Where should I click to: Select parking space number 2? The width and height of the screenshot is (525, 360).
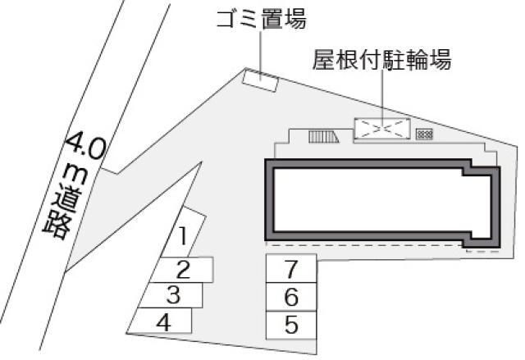coord(184,268)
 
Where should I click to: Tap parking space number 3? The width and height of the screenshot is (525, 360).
coord(173,294)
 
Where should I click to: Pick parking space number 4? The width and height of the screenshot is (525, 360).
coord(164,321)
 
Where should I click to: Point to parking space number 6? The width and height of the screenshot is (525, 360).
coord(291,297)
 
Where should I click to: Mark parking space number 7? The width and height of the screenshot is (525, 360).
coord(291,268)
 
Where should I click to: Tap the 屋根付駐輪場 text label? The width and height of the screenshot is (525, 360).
coord(381,61)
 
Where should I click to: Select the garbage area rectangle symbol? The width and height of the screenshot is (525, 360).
coord(260,80)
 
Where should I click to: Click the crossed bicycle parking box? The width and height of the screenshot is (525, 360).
coord(381,129)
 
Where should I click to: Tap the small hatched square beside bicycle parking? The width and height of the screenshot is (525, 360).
coord(424,134)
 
